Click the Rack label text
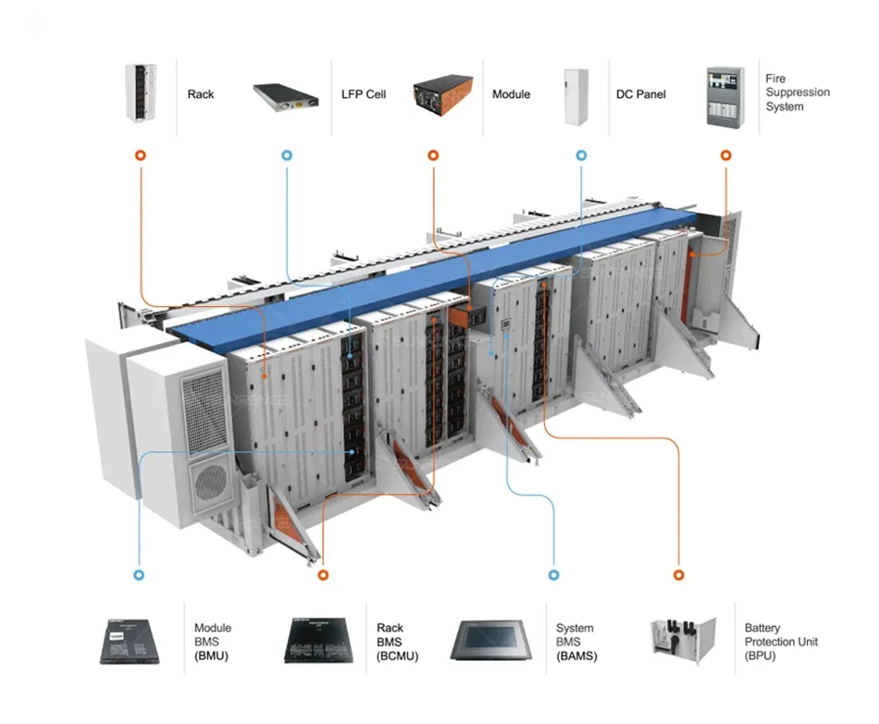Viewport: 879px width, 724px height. [201, 94]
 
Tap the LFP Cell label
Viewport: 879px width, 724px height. [364, 94]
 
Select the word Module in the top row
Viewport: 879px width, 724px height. [511, 94]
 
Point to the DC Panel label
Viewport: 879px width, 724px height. [640, 94]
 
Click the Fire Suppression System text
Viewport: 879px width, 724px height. [797, 92]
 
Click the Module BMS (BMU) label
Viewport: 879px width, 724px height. [213, 642]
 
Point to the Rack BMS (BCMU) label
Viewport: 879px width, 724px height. [397, 642]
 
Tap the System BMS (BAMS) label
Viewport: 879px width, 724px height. [576, 642]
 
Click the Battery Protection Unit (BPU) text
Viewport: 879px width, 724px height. [781, 642]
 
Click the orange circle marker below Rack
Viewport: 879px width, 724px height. [140, 156]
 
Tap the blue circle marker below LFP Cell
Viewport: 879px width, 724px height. [287, 156]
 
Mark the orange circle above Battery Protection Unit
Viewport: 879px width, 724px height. [679, 574]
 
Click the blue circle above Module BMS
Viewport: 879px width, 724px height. [139, 574]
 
